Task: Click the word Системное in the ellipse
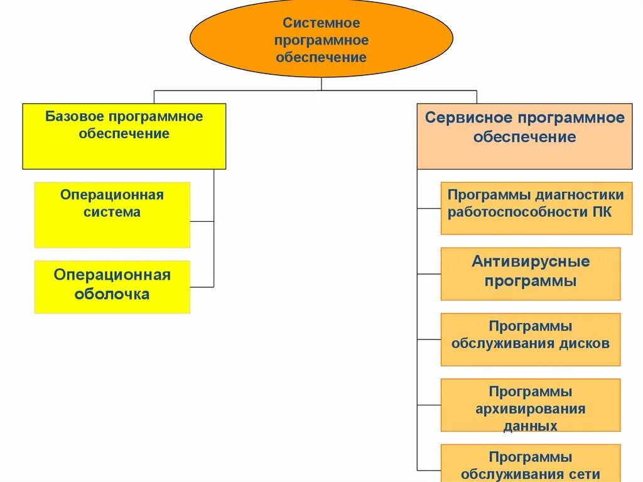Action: pos(321,23)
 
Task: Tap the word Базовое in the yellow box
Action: pos(75,117)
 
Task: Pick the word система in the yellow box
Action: pos(112,212)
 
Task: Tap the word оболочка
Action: pos(112,294)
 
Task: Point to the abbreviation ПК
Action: pos(602,212)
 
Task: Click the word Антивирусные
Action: pos(531,261)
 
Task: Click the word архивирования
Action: pos(531,410)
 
